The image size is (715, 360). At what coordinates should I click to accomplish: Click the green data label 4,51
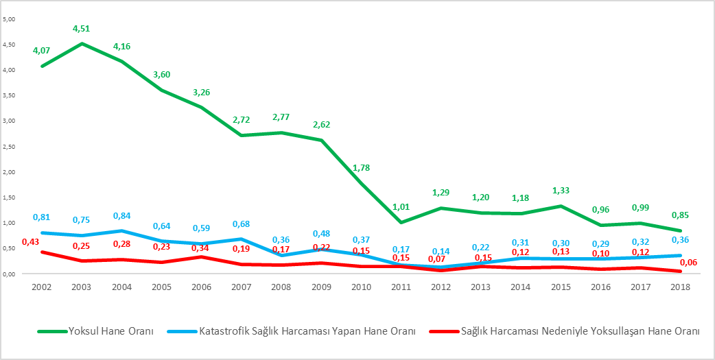click(82, 28)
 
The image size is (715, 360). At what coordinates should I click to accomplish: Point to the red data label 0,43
click(30, 242)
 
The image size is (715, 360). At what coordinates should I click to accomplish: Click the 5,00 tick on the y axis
click(10, 19)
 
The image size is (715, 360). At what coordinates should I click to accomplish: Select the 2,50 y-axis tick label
click(10, 146)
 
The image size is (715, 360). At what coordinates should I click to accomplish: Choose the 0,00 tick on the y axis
click(10, 274)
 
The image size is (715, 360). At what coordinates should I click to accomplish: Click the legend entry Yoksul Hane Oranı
click(110, 331)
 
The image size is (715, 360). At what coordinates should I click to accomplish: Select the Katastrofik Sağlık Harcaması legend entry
click(307, 331)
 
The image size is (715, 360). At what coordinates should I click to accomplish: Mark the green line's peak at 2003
click(82, 44)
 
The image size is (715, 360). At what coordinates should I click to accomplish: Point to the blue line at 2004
click(121, 230)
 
